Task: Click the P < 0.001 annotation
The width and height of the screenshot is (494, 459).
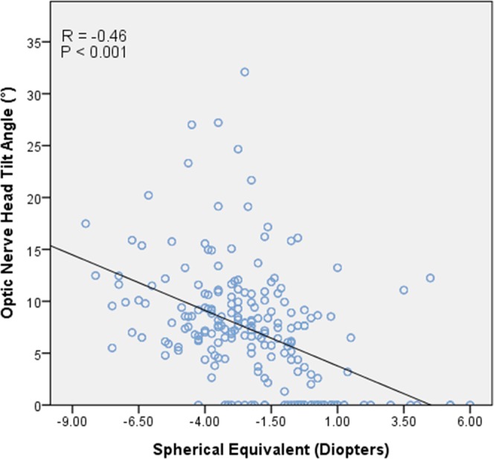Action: (x=94, y=52)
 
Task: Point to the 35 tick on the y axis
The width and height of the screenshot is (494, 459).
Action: (x=34, y=42)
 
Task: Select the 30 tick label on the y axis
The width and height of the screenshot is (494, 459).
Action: (x=34, y=94)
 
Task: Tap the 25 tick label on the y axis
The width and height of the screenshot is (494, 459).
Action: (x=34, y=146)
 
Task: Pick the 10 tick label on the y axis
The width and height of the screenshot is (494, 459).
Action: (x=34, y=302)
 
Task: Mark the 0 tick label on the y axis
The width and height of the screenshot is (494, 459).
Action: (x=37, y=405)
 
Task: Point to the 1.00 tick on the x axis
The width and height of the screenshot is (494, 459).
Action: (x=338, y=421)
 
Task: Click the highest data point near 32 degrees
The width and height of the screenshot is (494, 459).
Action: (x=244, y=72)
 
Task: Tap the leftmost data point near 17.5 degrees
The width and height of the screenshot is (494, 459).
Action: (x=86, y=223)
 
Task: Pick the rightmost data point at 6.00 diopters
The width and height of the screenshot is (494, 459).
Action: (x=470, y=405)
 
